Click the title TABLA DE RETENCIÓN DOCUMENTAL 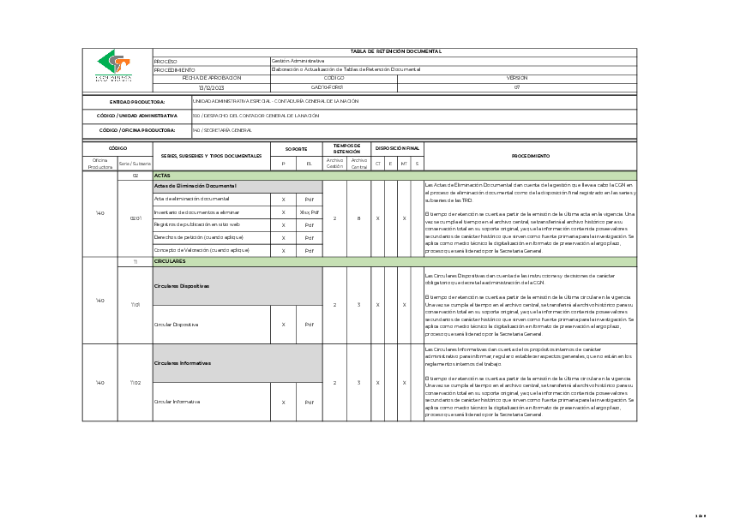[394, 51]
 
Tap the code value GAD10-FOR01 [327, 87]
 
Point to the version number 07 [517, 87]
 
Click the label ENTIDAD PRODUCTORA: [137, 102]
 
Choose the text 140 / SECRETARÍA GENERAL [222, 130]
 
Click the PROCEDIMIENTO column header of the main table [530, 156]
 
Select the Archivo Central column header [359, 163]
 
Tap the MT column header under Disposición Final [404, 163]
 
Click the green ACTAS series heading [162, 175]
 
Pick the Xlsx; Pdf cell [309, 212]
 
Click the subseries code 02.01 [135, 218]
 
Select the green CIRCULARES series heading [169, 260]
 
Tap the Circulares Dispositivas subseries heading [182, 286]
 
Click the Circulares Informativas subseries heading [183, 363]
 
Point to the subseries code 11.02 [135, 383]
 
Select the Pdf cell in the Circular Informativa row [309, 402]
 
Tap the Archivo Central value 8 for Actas [358, 218]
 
